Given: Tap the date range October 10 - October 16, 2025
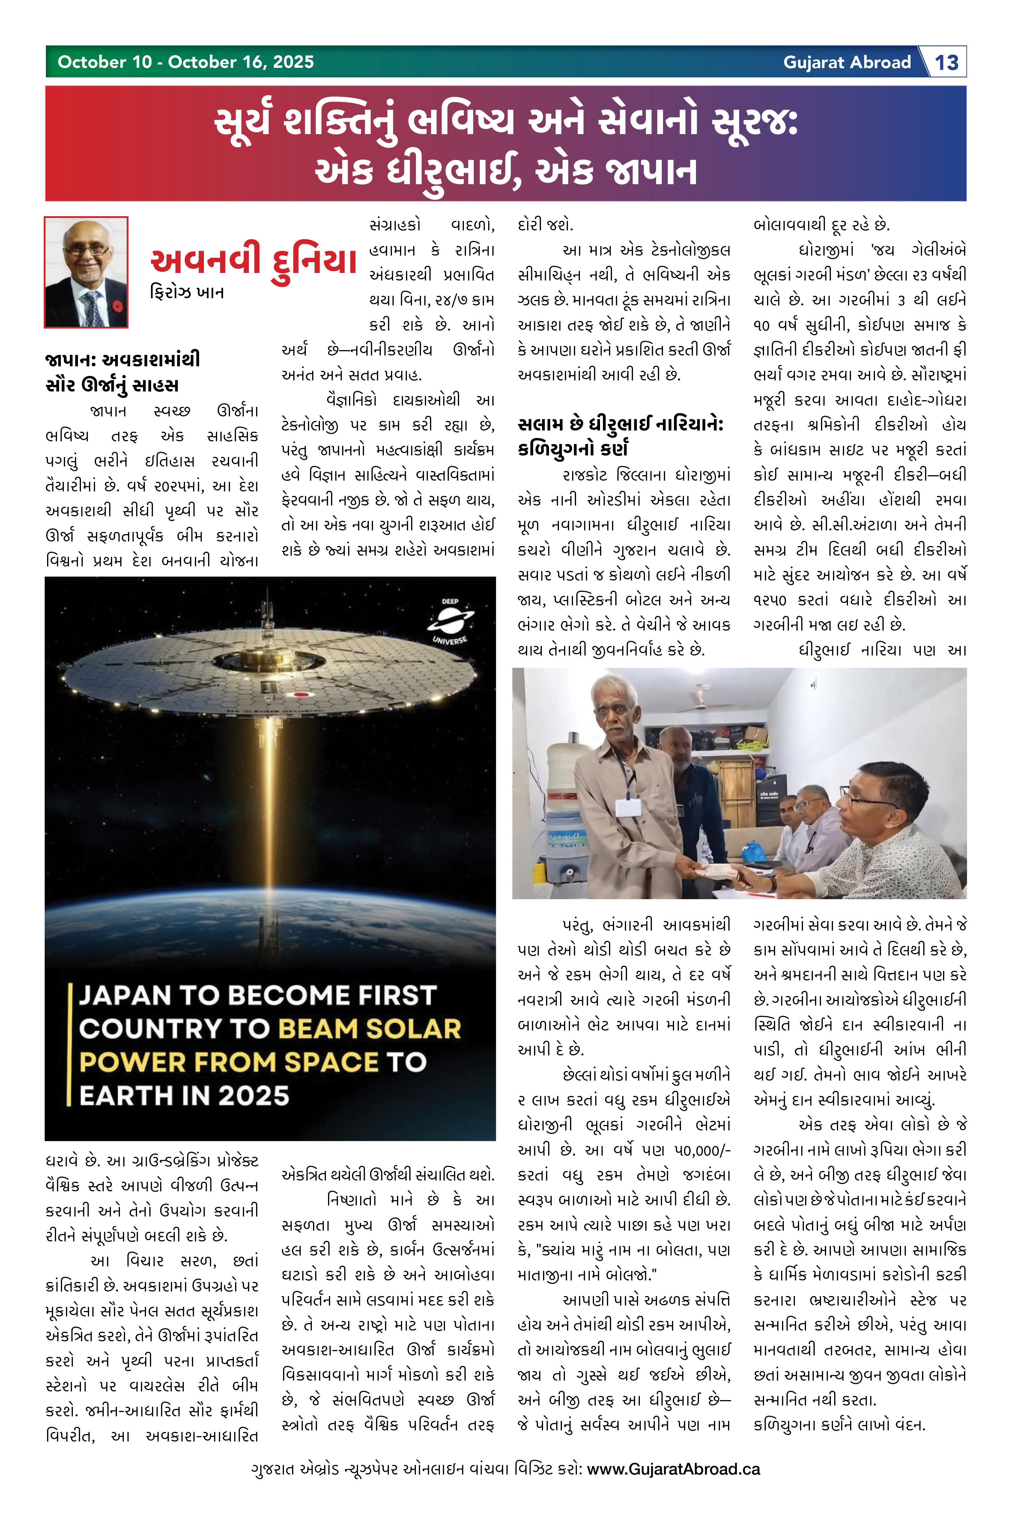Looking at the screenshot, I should click(186, 62).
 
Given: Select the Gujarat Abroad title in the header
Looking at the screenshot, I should click(847, 63).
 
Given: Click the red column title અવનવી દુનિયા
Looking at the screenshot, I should click(254, 261).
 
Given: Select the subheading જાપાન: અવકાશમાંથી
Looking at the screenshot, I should click(123, 360).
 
